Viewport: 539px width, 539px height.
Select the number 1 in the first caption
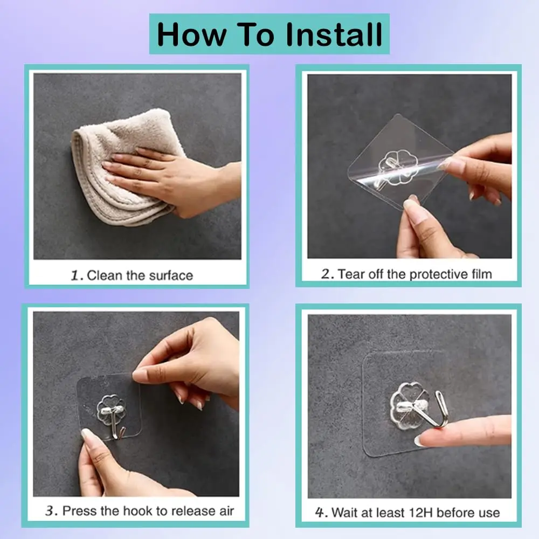(x=77, y=275)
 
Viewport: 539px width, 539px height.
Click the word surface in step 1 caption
(x=169, y=275)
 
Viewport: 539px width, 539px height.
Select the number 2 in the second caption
(x=327, y=274)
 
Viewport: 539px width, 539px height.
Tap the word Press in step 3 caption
(x=77, y=510)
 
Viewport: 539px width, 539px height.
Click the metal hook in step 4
(x=438, y=410)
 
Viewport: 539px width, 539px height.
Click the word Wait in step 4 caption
(x=345, y=512)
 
